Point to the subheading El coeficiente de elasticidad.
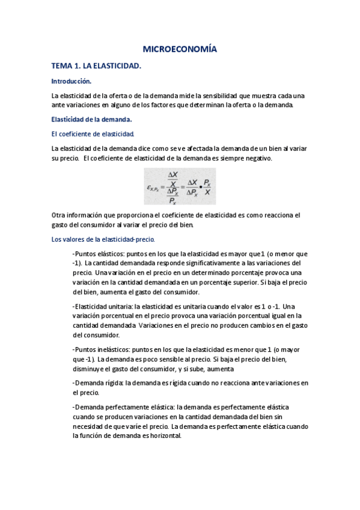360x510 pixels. tap(93, 134)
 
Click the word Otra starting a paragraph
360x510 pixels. tap(59, 215)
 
